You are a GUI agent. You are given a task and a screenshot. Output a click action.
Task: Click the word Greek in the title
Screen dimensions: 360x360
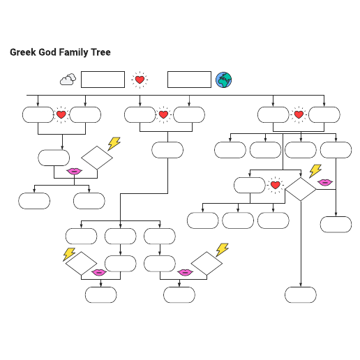(23, 52)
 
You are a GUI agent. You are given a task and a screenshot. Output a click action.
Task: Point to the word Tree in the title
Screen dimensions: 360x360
(100, 52)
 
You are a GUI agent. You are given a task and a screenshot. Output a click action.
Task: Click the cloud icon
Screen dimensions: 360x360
(68, 80)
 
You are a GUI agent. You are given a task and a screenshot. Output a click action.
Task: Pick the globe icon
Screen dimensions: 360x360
(223, 80)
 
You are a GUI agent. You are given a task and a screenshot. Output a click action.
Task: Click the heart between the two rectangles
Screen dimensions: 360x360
(140, 80)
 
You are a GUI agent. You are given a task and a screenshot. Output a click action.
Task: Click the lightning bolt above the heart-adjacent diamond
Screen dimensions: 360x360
(315, 171)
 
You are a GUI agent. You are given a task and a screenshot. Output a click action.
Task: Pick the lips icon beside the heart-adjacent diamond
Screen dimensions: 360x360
(325, 182)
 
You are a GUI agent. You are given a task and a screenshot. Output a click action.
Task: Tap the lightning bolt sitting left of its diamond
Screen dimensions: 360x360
(69, 254)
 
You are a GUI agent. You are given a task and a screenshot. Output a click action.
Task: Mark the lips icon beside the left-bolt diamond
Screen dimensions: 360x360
(99, 272)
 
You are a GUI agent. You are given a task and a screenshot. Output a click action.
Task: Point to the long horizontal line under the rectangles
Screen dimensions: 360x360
(175, 95)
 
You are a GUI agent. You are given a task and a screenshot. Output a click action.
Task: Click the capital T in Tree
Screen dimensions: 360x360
(93, 52)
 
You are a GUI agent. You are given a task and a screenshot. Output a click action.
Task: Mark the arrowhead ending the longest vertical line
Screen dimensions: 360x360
(301, 285)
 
